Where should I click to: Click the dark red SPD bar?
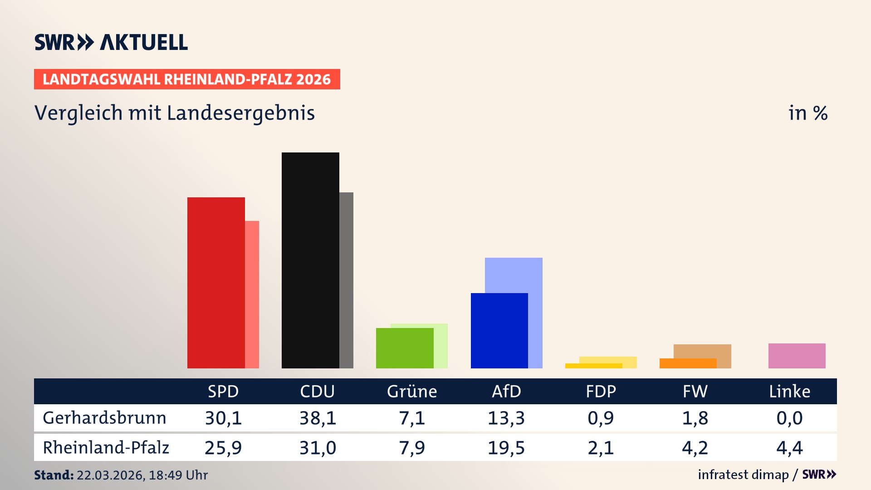216,283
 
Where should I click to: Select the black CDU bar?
310,260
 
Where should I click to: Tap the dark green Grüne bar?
404,348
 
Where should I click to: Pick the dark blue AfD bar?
499,331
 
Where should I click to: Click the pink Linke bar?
797,356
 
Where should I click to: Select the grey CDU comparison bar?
346,280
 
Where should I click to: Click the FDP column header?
601,391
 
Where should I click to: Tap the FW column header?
695,391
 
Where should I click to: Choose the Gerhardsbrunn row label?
104,418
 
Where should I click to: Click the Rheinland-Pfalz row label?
106,448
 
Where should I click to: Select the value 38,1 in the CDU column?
318,418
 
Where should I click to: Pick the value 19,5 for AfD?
506,448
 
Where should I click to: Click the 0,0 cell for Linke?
789,418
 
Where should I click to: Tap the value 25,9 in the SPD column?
223,448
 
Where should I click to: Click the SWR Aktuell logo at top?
111,42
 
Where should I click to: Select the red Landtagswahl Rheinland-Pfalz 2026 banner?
187,79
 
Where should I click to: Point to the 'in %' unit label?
807,113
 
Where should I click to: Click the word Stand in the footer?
54,475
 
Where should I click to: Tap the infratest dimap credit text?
743,475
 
